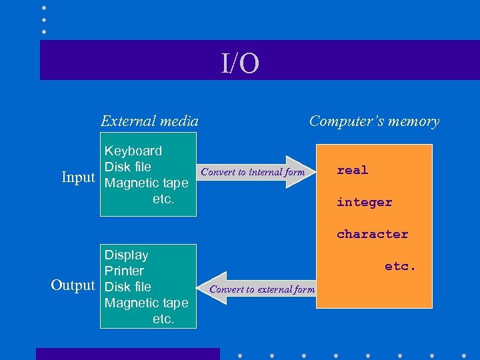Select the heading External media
[x=149, y=121]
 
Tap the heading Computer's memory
[x=374, y=121]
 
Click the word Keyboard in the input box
[x=133, y=151]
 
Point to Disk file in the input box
[x=128, y=167]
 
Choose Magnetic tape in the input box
[x=147, y=183]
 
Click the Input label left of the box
[x=78, y=177]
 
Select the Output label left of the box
[x=73, y=285]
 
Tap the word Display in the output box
[x=127, y=255]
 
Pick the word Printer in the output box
[x=124, y=271]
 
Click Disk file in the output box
[x=128, y=287]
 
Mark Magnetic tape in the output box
[x=147, y=303]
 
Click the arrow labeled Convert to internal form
[x=253, y=172]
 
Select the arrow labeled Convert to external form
[x=261, y=289]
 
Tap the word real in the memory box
[x=352, y=170]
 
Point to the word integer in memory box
[x=364, y=202]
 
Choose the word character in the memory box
[x=372, y=234]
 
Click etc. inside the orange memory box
[x=400, y=266]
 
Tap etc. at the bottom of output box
[x=163, y=319]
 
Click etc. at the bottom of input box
[x=163, y=199]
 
